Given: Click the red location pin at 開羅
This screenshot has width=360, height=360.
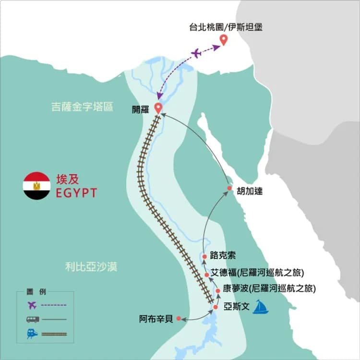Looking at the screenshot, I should click(x=158, y=108).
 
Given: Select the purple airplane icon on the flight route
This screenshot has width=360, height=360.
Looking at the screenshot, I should click(x=196, y=53).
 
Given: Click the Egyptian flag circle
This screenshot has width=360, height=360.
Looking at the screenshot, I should click(x=36, y=186).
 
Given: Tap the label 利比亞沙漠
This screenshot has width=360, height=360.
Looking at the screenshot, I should click(x=91, y=267).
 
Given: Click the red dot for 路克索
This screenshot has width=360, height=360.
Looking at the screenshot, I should click(x=204, y=256).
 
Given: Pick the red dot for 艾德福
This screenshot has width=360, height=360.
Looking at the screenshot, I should click(x=207, y=275).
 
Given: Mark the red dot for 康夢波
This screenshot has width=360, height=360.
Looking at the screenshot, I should click(x=218, y=290).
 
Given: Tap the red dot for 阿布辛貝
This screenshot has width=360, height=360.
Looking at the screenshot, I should click(x=179, y=318).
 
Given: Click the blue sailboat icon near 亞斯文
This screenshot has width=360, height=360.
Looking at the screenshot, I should click(x=261, y=307).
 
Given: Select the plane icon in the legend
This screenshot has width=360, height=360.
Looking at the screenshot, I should click(x=32, y=304).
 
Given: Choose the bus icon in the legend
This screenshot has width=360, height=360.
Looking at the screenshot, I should click(x=32, y=319).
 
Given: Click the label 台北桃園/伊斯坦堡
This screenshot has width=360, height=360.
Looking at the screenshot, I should click(x=226, y=27).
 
